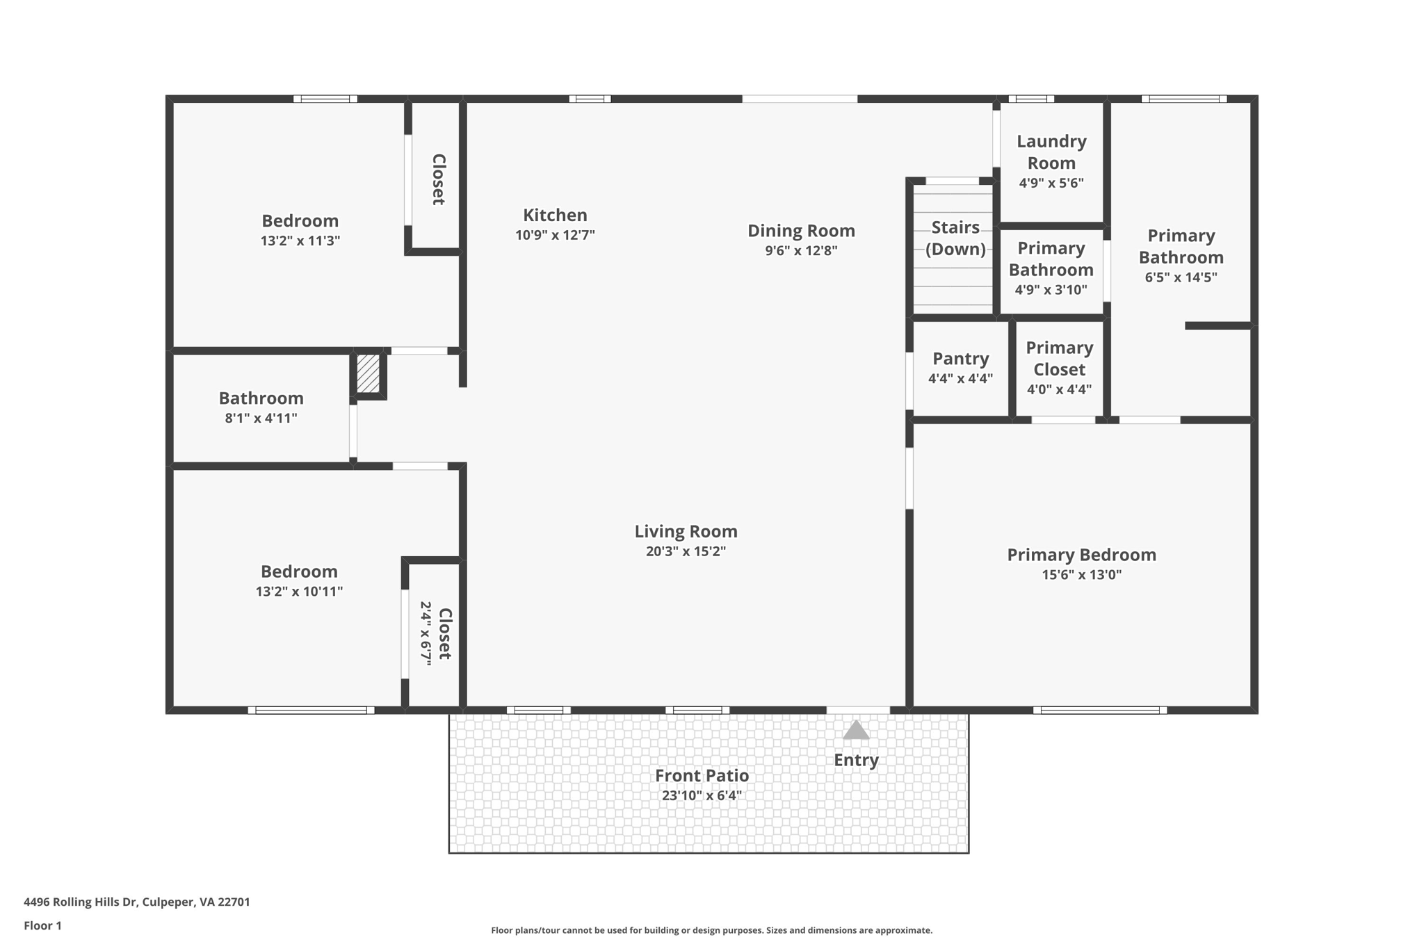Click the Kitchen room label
555,215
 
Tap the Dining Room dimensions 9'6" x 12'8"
801,250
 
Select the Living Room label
686,531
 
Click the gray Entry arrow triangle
856,730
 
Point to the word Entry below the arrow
856,760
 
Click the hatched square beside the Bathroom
368,373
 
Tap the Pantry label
960,359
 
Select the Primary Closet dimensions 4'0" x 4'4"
1059,389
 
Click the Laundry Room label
1051,152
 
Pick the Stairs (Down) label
955,238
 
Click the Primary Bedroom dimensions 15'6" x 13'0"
1081,575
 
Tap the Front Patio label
702,775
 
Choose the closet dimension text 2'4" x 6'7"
426,633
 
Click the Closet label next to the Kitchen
438,179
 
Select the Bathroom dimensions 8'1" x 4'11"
261,419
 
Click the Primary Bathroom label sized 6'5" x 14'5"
1181,246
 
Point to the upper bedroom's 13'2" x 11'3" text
300,241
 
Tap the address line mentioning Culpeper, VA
137,902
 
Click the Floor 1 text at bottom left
42,925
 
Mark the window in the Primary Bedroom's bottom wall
1099,710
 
